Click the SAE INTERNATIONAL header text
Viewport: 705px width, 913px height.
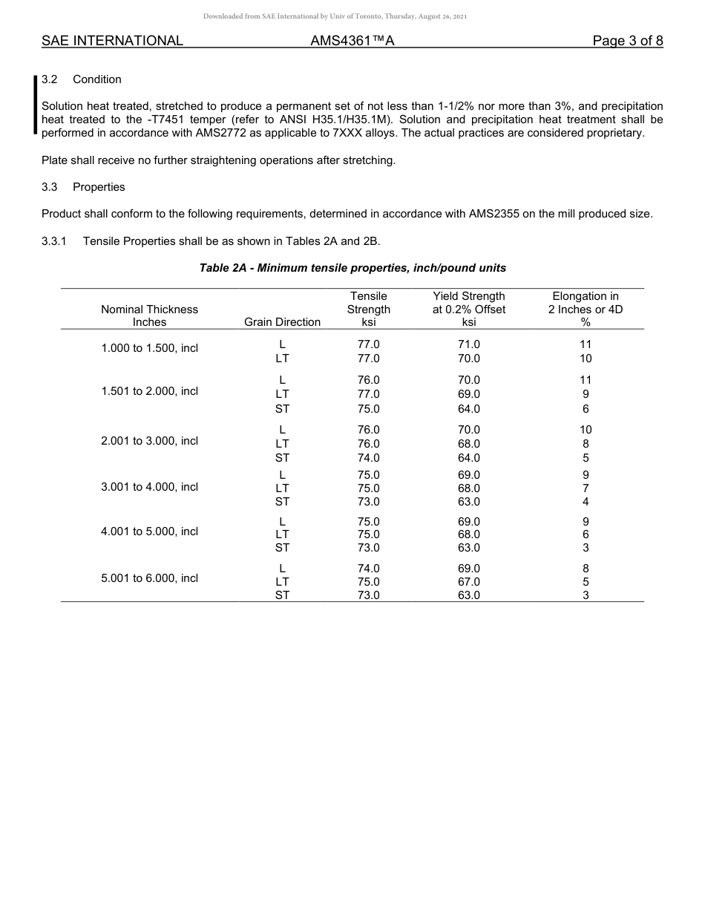tap(112, 41)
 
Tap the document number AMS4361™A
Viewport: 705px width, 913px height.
tap(352, 41)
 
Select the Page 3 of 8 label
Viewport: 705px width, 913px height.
tap(627, 41)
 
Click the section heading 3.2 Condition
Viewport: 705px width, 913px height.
tap(82, 79)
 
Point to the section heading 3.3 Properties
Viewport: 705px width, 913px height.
tap(83, 187)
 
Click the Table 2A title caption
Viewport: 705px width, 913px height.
tap(352, 267)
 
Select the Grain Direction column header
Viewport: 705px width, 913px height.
tap(282, 322)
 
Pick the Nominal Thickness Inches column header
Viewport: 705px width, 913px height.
tap(149, 315)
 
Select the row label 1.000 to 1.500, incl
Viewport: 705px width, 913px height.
tap(149, 348)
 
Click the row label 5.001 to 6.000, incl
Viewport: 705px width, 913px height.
tap(149, 578)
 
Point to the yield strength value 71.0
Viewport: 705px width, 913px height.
tap(468, 344)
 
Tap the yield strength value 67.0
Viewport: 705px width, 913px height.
tap(468, 582)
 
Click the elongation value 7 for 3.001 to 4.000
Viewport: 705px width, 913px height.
tap(586, 488)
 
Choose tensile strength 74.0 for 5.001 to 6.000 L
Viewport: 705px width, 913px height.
tap(368, 569)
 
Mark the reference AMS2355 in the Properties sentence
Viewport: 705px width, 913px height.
tap(497, 214)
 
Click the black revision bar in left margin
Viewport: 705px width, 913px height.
tap(35, 105)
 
